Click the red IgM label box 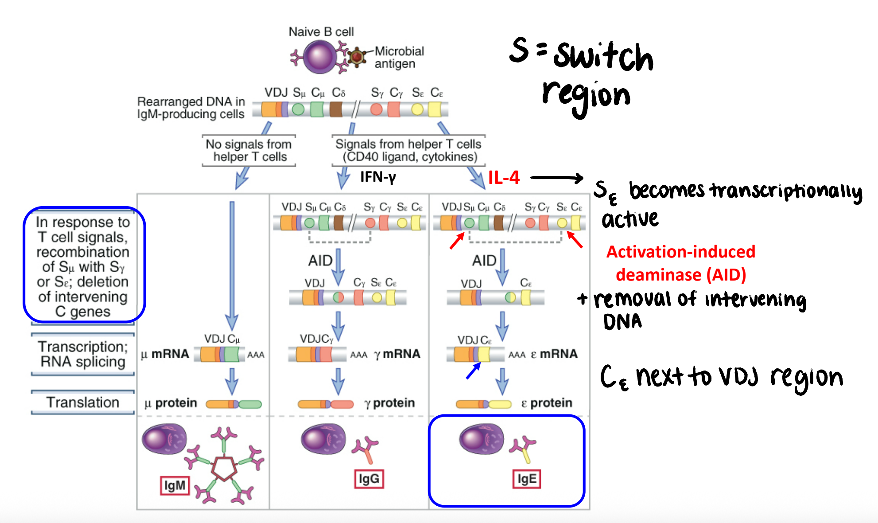click(x=175, y=486)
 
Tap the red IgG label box click(x=369, y=479)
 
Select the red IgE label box click(x=527, y=479)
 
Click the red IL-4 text click(x=504, y=178)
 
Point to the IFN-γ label click(x=378, y=177)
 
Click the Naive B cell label click(x=321, y=32)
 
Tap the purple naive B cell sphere click(x=320, y=57)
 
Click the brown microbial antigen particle click(x=357, y=57)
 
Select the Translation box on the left click(x=83, y=402)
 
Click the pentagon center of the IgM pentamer click(x=224, y=468)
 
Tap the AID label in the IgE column click(x=484, y=261)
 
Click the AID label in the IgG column click(x=320, y=261)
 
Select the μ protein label click(x=171, y=403)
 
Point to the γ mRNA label click(x=397, y=354)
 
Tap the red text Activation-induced click(x=680, y=252)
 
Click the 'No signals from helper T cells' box click(x=249, y=151)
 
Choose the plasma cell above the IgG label click(x=323, y=439)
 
